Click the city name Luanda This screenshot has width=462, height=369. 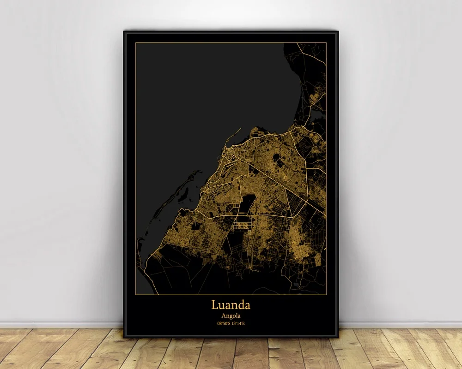coord(231,305)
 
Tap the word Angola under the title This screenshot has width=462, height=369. coord(231,316)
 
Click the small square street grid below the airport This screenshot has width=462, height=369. coord(242,224)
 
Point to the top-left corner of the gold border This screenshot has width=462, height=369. coord(135,42)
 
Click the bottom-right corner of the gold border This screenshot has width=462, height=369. coord(326,294)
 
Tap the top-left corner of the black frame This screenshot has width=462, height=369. coord(124,31)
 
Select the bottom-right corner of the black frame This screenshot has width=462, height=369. coord(338,338)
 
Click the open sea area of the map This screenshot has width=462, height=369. coord(194,92)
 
